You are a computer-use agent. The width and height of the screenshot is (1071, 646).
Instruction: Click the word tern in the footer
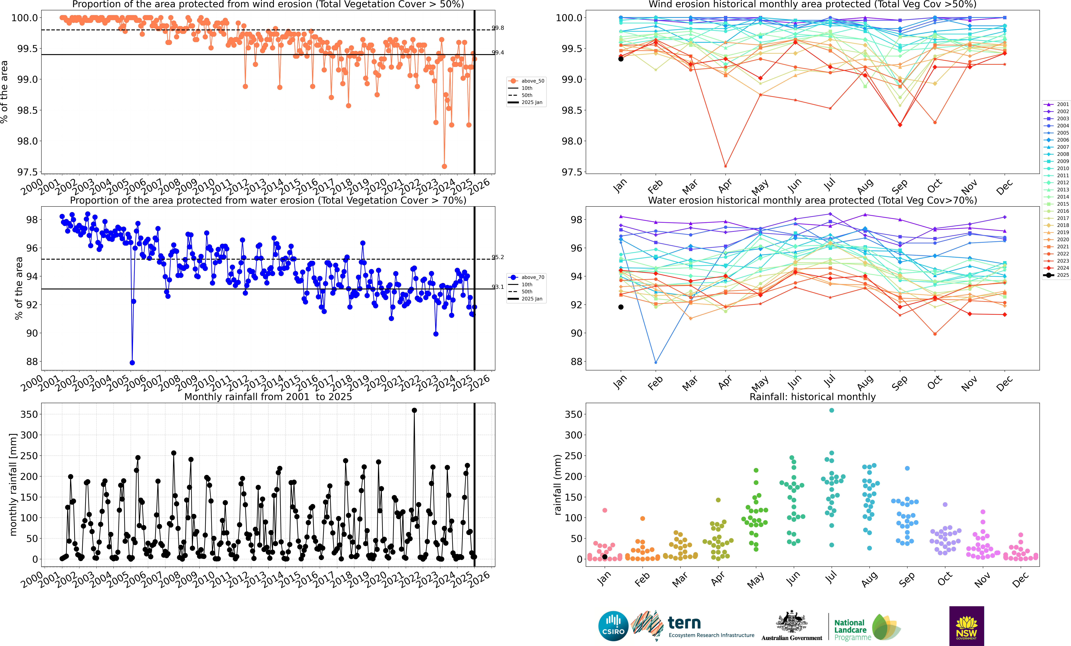684,623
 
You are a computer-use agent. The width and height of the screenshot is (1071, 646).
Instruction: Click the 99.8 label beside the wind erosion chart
498,28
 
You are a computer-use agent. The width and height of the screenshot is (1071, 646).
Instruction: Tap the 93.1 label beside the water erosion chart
498,287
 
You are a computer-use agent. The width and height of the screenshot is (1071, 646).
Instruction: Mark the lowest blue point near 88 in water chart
132,363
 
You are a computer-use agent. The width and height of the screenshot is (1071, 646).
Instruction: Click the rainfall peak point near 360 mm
414,410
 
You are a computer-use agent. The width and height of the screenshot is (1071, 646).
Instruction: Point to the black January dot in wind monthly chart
621,59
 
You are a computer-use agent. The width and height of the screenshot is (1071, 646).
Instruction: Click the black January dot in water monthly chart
621,307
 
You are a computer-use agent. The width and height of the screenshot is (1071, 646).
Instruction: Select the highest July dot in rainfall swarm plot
831,410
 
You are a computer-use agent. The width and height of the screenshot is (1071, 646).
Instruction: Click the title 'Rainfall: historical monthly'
812,397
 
